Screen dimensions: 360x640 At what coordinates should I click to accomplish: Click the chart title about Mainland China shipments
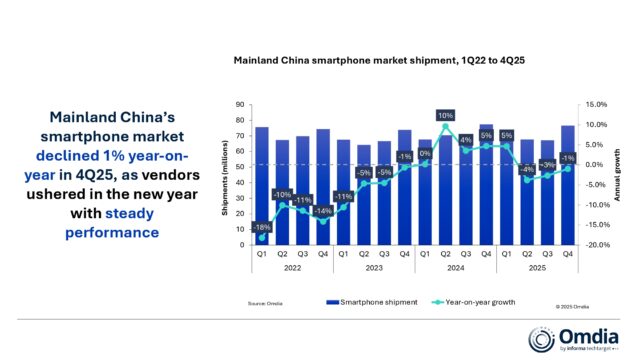click(379, 60)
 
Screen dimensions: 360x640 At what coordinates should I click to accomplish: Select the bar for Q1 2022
click(261, 186)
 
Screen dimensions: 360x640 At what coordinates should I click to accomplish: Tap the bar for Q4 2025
click(569, 186)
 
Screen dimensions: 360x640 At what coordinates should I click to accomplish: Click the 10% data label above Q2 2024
click(445, 115)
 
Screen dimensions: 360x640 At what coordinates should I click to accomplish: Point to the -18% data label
click(261, 227)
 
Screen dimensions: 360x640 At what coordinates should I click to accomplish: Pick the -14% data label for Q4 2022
click(322, 211)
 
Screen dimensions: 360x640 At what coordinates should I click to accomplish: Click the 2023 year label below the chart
click(373, 269)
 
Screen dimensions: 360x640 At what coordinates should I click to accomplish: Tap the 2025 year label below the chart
click(538, 269)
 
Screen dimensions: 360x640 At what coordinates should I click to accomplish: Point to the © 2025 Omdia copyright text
click(572, 307)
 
